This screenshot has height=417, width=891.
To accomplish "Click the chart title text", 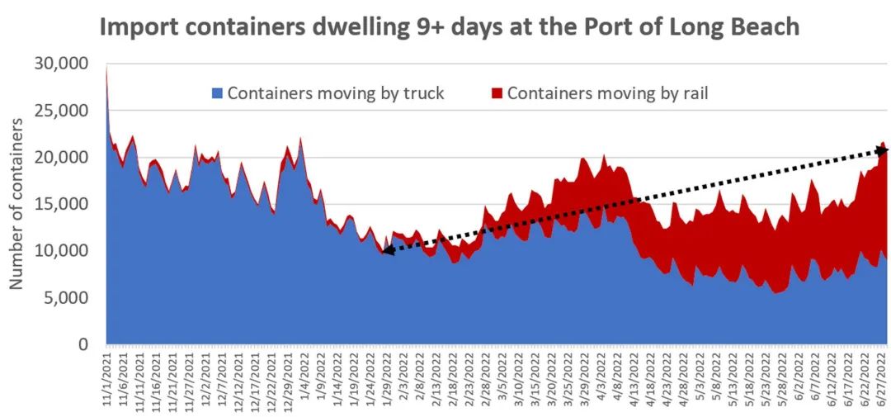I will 450,26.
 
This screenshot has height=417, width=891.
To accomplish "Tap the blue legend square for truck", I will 218,93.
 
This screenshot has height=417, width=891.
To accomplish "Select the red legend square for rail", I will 497,93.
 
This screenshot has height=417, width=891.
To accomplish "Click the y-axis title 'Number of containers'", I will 16,203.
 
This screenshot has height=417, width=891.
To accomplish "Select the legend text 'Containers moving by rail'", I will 607,93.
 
